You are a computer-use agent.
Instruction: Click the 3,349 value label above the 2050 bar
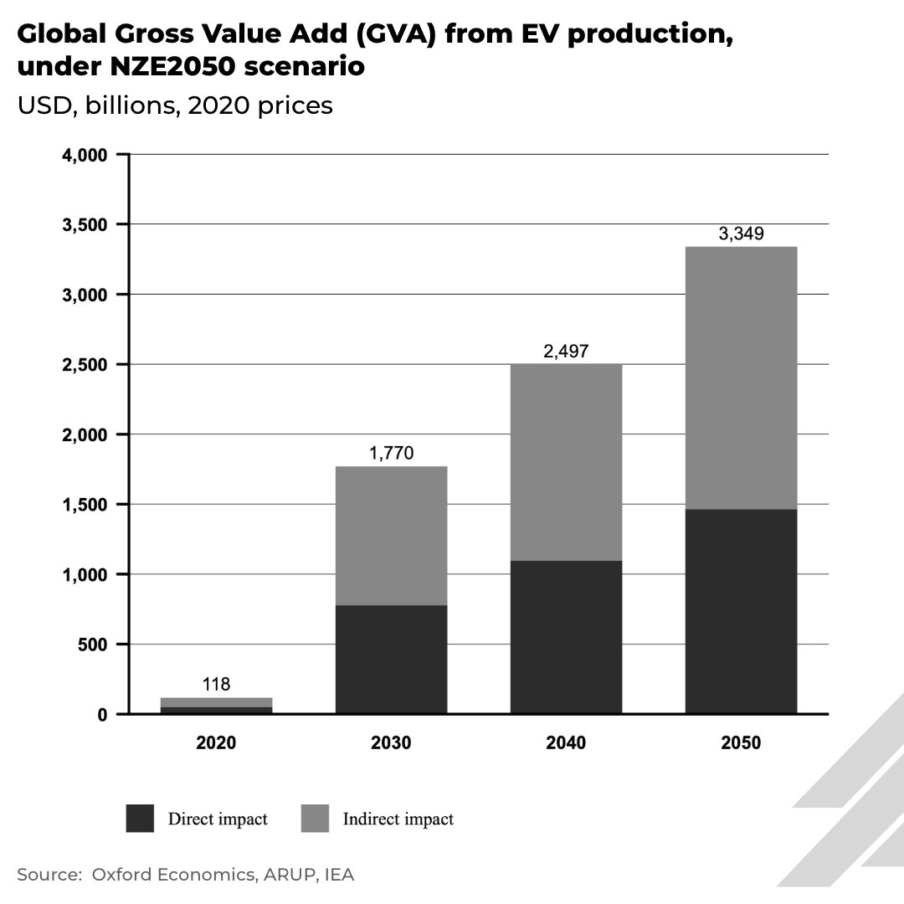[741, 234]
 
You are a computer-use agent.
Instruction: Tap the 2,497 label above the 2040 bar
[566, 351]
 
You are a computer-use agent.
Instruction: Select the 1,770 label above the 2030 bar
[391, 454]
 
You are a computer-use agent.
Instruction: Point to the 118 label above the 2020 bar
[216, 685]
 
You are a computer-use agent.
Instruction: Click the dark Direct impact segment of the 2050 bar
[741, 611]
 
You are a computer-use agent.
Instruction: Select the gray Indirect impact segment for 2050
[741, 378]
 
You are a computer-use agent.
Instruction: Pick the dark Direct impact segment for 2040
[566, 637]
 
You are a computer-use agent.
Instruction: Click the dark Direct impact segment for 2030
[391, 660]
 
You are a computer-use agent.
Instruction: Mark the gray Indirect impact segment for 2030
[391, 536]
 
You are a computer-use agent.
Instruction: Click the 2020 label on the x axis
[216, 743]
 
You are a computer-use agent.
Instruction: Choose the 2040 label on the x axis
[566, 743]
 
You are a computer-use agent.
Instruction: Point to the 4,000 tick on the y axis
[84, 155]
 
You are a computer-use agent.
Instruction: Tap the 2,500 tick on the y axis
[84, 365]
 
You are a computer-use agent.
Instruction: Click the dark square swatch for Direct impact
[141, 819]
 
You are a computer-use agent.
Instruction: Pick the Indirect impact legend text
[398, 819]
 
